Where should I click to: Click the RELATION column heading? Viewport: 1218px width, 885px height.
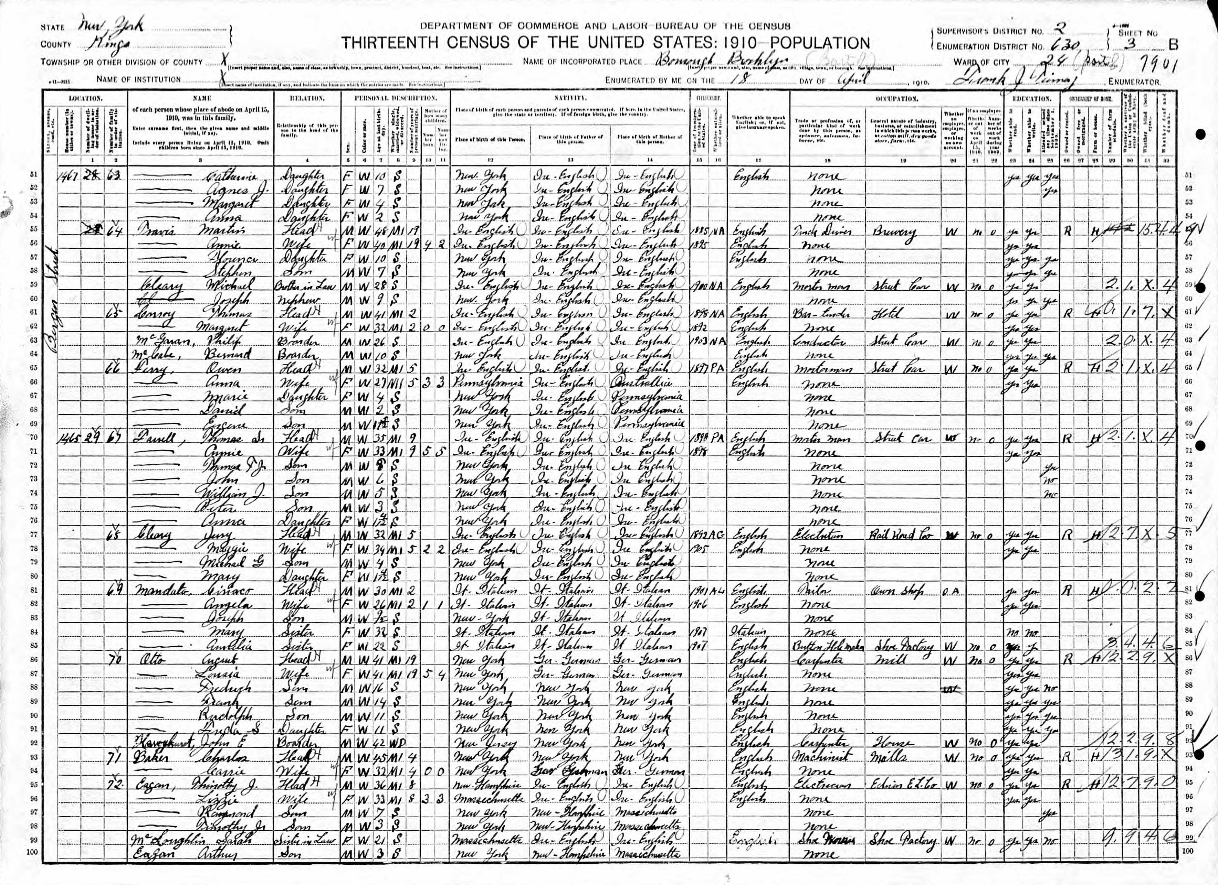(307, 99)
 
